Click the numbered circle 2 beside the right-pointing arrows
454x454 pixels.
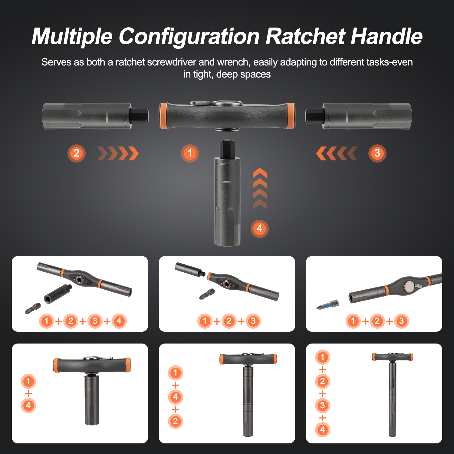[x=76, y=153]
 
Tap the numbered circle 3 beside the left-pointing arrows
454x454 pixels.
[x=377, y=153]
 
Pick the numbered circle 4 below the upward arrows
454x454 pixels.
[x=259, y=229]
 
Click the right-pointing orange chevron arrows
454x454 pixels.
[x=118, y=153]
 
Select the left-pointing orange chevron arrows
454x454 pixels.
[x=337, y=153]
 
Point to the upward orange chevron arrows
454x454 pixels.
[x=260, y=189]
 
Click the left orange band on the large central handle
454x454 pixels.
[x=164, y=116]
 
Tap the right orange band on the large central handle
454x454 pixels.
[x=291, y=116]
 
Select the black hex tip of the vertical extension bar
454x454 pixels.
[x=227, y=149]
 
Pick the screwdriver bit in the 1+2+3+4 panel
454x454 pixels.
[x=33, y=308]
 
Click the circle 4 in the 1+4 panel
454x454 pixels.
[x=28, y=406]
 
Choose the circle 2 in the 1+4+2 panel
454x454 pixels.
[x=176, y=421]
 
